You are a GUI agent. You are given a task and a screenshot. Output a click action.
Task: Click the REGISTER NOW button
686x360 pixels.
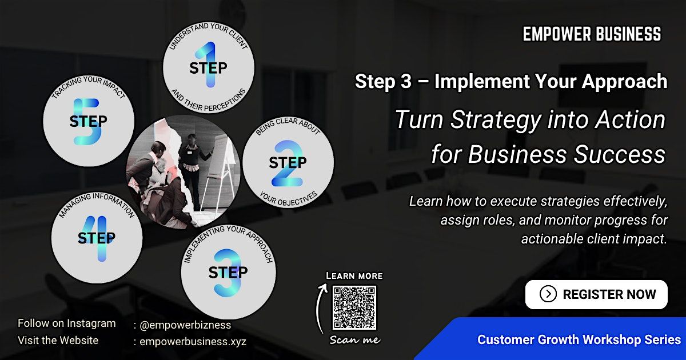[x=596, y=294]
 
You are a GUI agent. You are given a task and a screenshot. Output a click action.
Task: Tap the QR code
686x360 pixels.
[x=354, y=307]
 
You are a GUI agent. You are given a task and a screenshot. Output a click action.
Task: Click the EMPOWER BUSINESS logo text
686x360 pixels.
[x=592, y=34]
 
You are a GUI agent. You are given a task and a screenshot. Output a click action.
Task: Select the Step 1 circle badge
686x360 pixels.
[x=209, y=67]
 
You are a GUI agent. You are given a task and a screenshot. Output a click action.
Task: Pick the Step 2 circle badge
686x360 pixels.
[x=288, y=162]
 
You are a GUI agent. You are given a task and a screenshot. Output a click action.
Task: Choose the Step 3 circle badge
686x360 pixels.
[x=229, y=272]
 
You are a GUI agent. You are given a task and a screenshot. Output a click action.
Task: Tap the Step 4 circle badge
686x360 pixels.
[x=97, y=238]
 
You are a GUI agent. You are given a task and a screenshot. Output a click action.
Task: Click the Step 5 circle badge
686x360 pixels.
[x=89, y=121]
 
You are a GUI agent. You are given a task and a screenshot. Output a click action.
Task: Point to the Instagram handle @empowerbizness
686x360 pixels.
[x=185, y=325]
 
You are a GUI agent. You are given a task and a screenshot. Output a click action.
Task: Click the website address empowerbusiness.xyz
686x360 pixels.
[x=193, y=341]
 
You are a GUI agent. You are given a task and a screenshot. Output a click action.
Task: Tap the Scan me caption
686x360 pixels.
[x=354, y=340]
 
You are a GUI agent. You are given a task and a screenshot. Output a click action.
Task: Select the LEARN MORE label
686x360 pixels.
[x=354, y=276]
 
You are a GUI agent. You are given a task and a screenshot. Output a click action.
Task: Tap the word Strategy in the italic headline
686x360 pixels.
[x=496, y=121]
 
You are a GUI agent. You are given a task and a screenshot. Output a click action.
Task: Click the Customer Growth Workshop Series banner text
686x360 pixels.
[x=579, y=340]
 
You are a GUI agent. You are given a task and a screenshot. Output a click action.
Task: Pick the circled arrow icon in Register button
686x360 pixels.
[x=548, y=294]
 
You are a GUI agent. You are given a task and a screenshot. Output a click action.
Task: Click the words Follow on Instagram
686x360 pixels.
[x=67, y=323]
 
